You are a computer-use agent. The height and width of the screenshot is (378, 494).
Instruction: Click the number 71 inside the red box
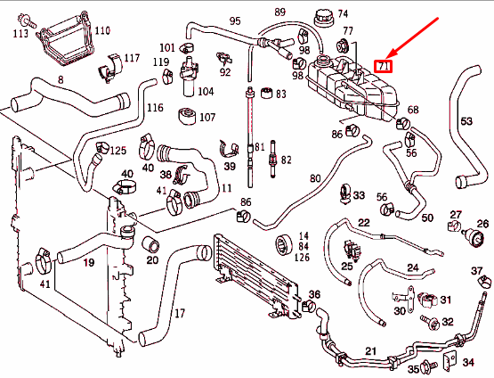point(385,66)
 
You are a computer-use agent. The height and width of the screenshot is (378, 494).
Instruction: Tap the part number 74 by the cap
point(343,14)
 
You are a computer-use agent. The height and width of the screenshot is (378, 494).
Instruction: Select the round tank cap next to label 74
point(319,19)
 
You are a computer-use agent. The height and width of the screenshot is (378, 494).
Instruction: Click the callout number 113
point(20,34)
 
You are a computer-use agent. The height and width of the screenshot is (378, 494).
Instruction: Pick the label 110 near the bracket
point(102,30)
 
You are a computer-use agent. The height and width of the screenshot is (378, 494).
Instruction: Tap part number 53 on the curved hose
point(466,121)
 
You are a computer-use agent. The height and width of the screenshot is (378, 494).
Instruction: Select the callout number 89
point(279,12)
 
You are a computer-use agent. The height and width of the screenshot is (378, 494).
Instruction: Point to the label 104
point(206,91)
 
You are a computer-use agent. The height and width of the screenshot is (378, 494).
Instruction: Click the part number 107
point(207,117)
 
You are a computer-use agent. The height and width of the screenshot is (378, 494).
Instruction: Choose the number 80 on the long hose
point(314,177)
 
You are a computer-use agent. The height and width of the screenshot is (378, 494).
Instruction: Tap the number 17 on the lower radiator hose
point(179,313)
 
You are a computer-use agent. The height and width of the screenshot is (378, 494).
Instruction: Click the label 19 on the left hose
point(89,263)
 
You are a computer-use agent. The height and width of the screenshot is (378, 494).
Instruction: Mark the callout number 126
point(304,259)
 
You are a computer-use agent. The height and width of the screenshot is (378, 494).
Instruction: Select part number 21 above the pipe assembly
point(371,326)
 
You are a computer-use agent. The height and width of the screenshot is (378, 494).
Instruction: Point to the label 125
point(117,151)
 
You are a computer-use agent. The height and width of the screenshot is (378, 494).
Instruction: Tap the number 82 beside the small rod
point(285,160)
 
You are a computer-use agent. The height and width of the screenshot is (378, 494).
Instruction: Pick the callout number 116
point(155,108)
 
